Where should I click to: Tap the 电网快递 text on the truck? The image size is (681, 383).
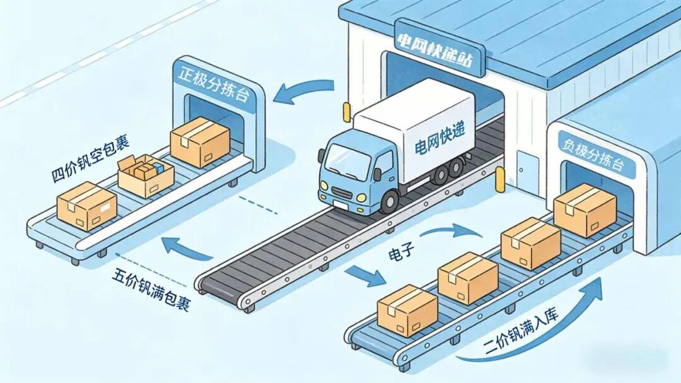pyautogui.click(x=439, y=139)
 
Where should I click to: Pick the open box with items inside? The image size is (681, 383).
pyautogui.click(x=146, y=175)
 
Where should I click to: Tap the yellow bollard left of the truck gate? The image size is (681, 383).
pyautogui.click(x=347, y=112)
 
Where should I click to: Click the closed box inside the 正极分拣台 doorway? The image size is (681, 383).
pyautogui.click(x=200, y=142)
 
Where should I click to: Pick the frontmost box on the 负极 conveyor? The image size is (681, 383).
pyautogui.click(x=407, y=310)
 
